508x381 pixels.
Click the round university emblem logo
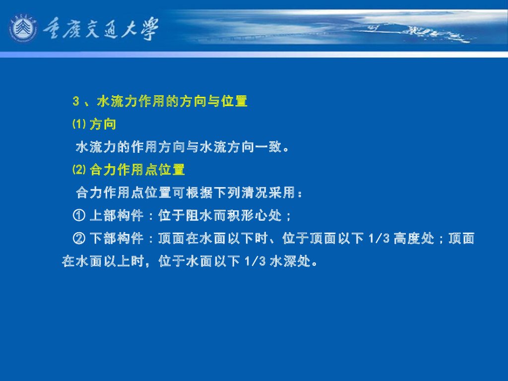coord(23,28)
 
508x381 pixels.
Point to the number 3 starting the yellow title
coord(76,101)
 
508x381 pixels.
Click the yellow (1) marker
coord(79,124)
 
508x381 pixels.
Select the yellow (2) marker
coord(79,170)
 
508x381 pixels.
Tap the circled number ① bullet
coord(79,215)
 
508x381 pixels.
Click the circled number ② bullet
coord(79,239)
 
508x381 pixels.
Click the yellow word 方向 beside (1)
coord(103,125)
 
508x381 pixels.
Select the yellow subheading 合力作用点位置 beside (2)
coord(137,170)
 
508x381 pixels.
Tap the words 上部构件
coord(116,215)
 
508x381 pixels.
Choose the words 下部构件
coord(116,239)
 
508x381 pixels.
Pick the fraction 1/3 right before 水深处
coord(255,261)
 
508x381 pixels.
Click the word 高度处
coord(414,239)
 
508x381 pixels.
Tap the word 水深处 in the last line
coord(290,261)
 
